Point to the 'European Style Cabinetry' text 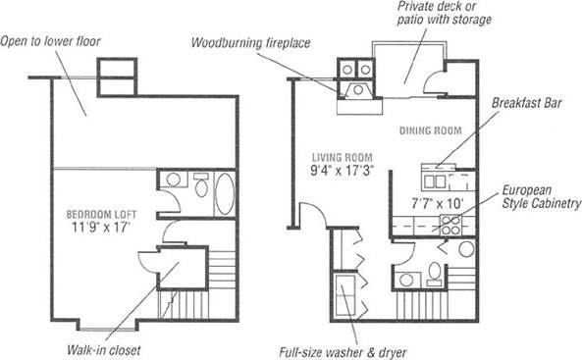(541, 196)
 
